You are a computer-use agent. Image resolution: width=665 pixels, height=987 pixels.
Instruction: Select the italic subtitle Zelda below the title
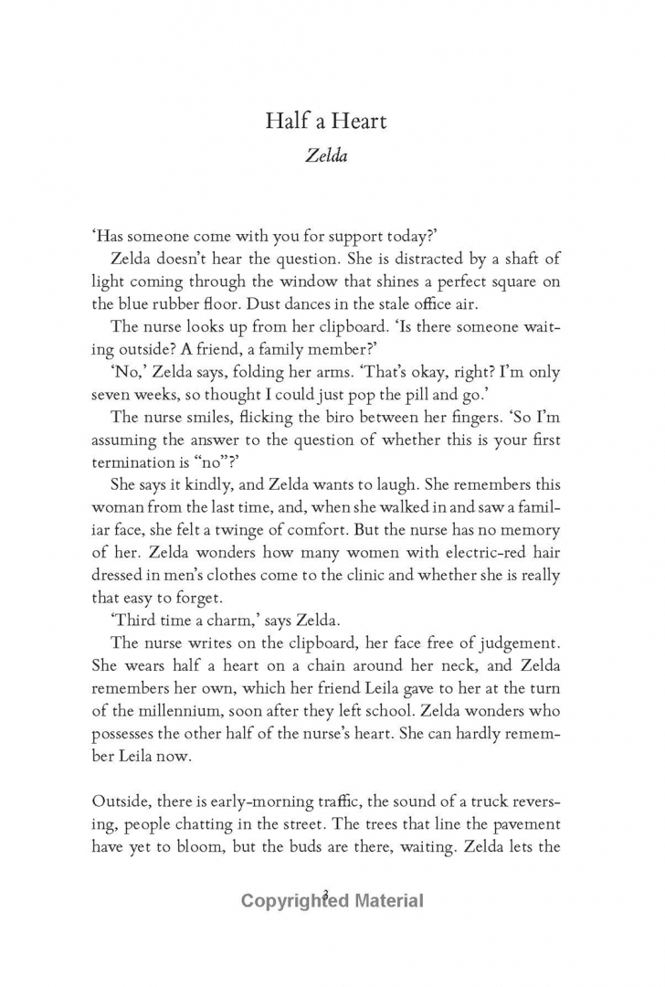pos(332,157)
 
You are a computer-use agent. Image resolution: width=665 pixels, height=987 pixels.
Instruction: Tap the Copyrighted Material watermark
pos(332,901)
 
